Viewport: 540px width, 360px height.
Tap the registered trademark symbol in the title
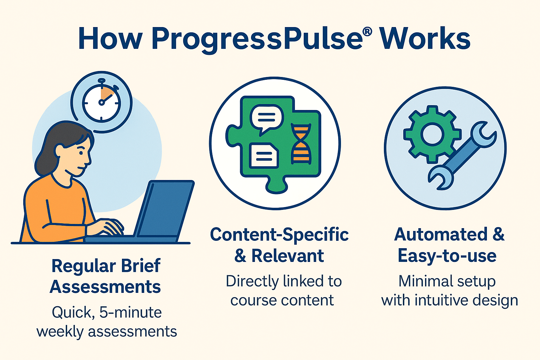pos(367,32)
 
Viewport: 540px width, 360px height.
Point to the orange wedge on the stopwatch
pos(107,94)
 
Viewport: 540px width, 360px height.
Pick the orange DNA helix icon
pos(301,144)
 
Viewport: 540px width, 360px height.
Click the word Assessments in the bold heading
pos(105,287)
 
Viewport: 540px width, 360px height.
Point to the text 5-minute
pos(130,312)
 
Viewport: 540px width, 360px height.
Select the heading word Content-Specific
pos(279,234)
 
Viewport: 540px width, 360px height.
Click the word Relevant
pos(288,256)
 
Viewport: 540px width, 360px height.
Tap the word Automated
pos(441,234)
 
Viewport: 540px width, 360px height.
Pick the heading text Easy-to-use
pos(447,256)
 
